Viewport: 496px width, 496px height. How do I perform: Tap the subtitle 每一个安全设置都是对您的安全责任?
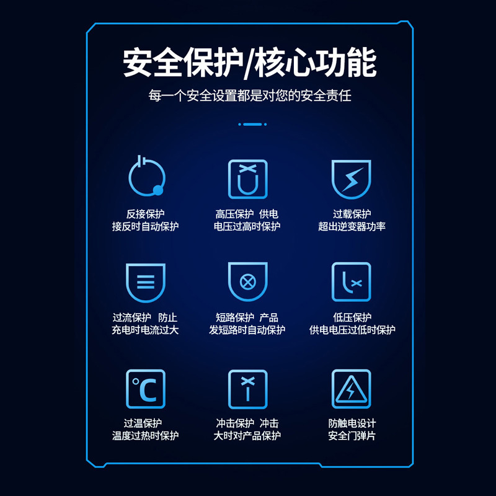(250, 96)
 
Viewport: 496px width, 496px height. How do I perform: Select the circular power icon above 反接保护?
(146, 177)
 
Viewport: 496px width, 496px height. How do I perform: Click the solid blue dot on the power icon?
(158, 190)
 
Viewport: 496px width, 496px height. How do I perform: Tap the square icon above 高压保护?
(247, 179)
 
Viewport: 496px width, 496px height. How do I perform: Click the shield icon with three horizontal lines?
(145, 283)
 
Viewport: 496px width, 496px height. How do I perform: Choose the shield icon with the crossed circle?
(247, 282)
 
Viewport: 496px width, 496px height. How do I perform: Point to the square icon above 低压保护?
(351, 282)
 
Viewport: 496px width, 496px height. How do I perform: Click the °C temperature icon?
(145, 389)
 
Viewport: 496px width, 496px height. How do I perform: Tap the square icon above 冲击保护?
(247, 389)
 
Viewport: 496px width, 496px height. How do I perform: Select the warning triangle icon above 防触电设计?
(351, 389)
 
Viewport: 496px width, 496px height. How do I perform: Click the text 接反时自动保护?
(145, 227)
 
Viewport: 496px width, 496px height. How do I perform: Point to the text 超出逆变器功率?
(352, 227)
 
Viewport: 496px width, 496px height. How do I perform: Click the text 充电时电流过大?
(145, 330)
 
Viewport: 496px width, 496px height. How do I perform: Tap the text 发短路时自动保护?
(247, 330)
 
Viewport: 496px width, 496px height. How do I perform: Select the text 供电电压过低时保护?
(352, 330)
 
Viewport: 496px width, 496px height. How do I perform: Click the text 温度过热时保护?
(145, 436)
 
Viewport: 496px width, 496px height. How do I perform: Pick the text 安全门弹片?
(352, 436)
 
